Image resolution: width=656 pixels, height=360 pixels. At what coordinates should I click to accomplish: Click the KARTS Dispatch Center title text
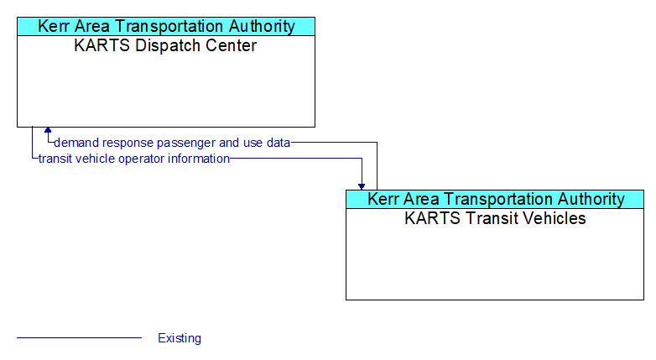(165, 45)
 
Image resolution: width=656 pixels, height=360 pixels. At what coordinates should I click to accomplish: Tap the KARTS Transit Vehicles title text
(495, 218)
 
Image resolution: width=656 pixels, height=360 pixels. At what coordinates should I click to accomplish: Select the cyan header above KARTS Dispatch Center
(166, 26)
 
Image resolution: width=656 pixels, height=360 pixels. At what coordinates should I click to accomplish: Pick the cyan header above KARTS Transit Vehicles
(495, 199)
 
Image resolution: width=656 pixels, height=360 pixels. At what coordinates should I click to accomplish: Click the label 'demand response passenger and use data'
(172, 143)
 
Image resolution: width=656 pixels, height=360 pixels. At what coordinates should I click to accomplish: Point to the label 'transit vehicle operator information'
(134, 159)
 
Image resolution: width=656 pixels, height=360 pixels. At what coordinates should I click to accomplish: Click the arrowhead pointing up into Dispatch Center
(48, 130)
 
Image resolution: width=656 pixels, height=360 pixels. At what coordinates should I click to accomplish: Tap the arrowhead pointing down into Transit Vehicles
(362, 186)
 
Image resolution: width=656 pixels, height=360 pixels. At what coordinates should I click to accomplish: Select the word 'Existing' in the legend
(180, 338)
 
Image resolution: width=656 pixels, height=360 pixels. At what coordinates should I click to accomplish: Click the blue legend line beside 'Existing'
(79, 337)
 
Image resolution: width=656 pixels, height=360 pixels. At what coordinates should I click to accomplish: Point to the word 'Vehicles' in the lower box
(554, 218)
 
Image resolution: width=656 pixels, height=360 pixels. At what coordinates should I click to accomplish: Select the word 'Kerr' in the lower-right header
(380, 199)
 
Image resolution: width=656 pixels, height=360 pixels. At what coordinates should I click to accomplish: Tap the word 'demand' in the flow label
(76, 143)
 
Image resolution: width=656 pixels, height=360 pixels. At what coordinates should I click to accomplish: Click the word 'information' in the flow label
(199, 159)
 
